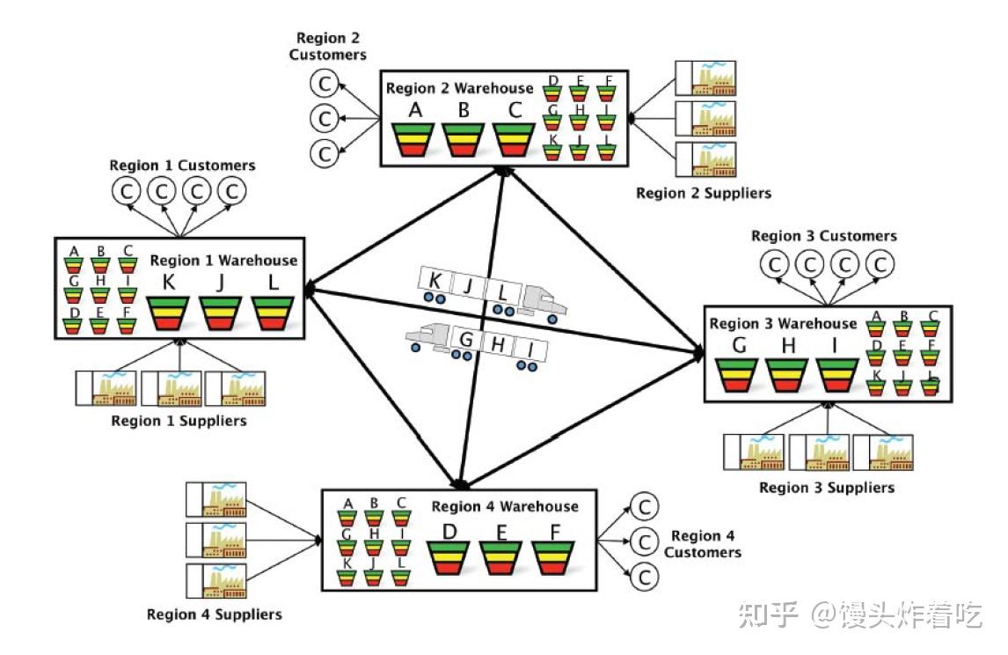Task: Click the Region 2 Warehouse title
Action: (459, 88)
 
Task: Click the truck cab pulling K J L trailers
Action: (543, 301)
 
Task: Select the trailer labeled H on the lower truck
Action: (499, 346)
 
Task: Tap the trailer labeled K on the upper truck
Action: (435, 282)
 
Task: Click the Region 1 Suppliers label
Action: (179, 421)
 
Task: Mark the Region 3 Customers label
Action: (823, 236)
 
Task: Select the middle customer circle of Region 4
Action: (644, 542)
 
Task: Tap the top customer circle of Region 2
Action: (325, 84)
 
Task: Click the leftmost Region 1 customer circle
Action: (127, 191)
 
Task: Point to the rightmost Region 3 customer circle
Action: (878, 263)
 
